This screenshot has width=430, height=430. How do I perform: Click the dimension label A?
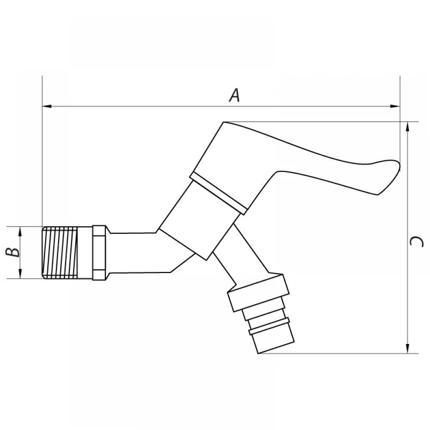234,95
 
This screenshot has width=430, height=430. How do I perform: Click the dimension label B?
13,252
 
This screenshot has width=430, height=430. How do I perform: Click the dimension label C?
416,242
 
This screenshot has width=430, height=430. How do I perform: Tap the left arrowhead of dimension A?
47,106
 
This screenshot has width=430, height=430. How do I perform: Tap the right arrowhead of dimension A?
395,106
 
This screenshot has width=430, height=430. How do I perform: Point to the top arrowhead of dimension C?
408,126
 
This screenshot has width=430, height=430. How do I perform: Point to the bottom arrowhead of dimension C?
408,349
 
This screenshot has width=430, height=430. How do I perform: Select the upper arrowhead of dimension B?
20,231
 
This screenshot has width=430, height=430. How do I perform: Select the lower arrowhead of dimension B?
20,274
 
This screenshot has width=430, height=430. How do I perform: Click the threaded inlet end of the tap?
60,253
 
